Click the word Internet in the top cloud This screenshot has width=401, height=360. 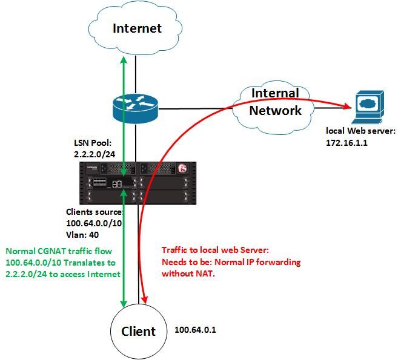click(x=138, y=28)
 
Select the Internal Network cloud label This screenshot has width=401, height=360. click(x=275, y=102)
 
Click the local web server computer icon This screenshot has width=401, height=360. click(x=367, y=106)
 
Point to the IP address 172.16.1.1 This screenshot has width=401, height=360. click(x=348, y=143)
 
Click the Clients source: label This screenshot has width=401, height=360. click(x=94, y=212)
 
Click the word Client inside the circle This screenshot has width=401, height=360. click(x=138, y=331)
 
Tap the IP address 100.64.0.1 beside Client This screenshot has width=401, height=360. click(x=195, y=330)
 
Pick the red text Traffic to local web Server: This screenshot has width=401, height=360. click(x=216, y=251)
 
